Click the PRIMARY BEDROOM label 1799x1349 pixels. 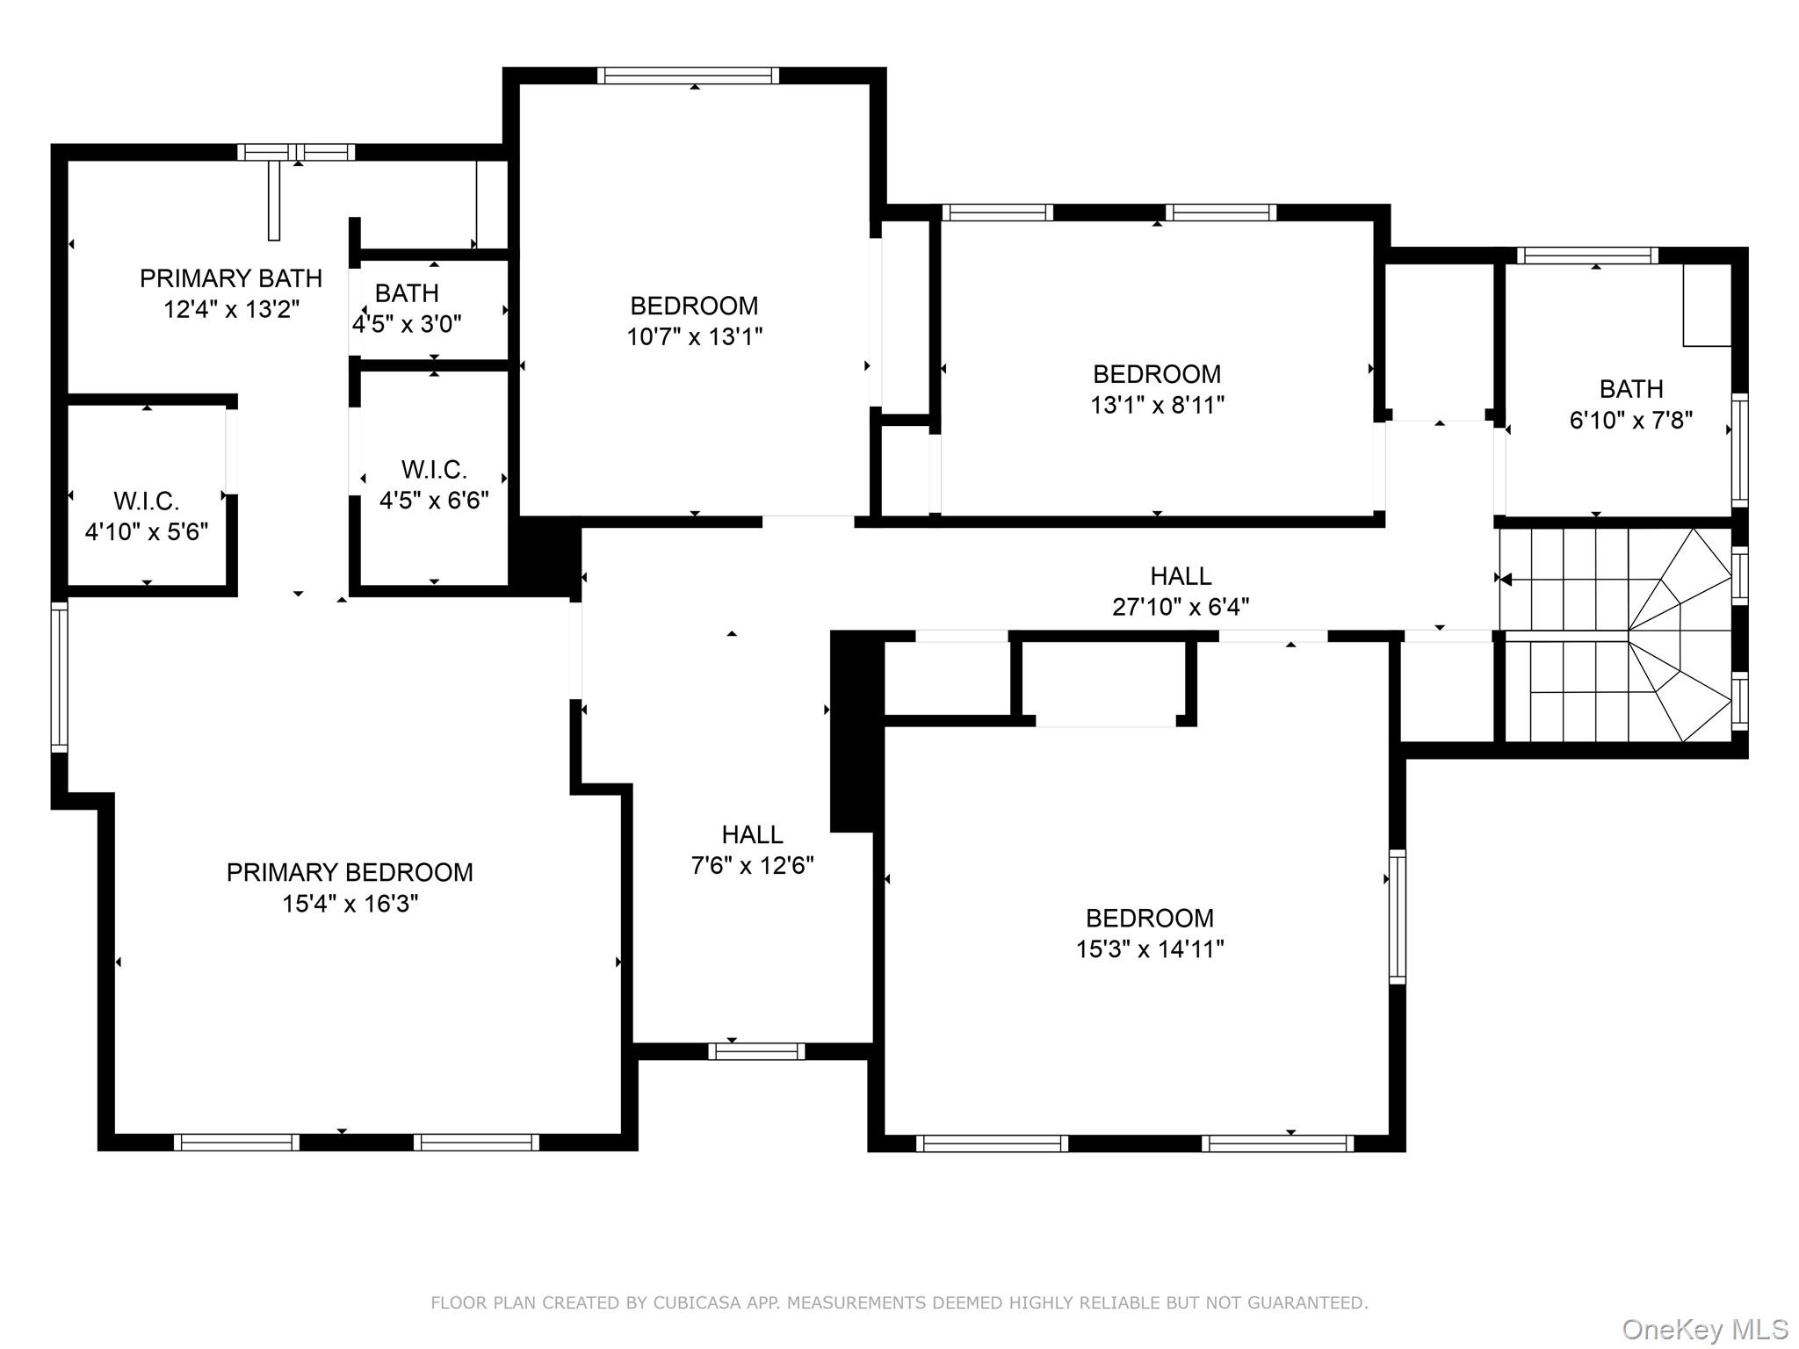coord(350,872)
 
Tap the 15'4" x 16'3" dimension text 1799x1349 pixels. coord(350,904)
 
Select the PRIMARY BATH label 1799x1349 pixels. coord(231,278)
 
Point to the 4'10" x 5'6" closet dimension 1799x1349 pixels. coord(147,531)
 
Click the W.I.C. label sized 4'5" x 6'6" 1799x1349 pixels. coord(434,469)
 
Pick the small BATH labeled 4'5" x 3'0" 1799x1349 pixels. coord(407,292)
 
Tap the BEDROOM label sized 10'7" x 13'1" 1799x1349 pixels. coord(694,306)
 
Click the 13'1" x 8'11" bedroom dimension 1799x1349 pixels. coord(1157,405)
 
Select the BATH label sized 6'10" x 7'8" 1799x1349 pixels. coord(1631,389)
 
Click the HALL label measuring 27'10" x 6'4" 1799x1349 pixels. coord(1181,576)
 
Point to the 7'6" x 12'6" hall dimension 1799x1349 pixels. coord(753,866)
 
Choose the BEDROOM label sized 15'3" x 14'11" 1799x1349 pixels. coord(1150,918)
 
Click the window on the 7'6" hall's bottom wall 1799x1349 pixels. coord(756,1050)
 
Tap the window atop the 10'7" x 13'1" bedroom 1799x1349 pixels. coord(688,76)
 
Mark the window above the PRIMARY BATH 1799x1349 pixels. coord(296,152)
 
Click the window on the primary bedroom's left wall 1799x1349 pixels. coord(59,676)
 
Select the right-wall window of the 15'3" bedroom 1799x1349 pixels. coord(1397,916)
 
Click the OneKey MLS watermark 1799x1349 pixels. coord(1704,1330)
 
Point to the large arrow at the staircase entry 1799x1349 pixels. coord(1504,579)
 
